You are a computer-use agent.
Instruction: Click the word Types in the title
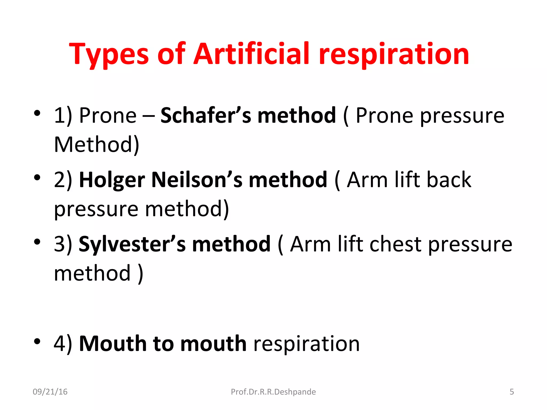click(109, 55)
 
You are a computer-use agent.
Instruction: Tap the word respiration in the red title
click(394, 55)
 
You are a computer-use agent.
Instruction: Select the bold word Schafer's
click(206, 115)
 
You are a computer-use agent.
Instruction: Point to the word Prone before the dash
click(108, 115)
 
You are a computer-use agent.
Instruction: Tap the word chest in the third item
click(395, 244)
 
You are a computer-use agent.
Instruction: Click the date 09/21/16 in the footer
click(50, 392)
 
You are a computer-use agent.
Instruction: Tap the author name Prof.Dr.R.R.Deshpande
click(273, 392)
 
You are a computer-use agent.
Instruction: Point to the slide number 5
click(511, 392)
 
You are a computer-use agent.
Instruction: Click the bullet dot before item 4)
click(37, 341)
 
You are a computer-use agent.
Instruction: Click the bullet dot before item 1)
click(37, 113)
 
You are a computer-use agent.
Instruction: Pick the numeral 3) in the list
click(63, 244)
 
